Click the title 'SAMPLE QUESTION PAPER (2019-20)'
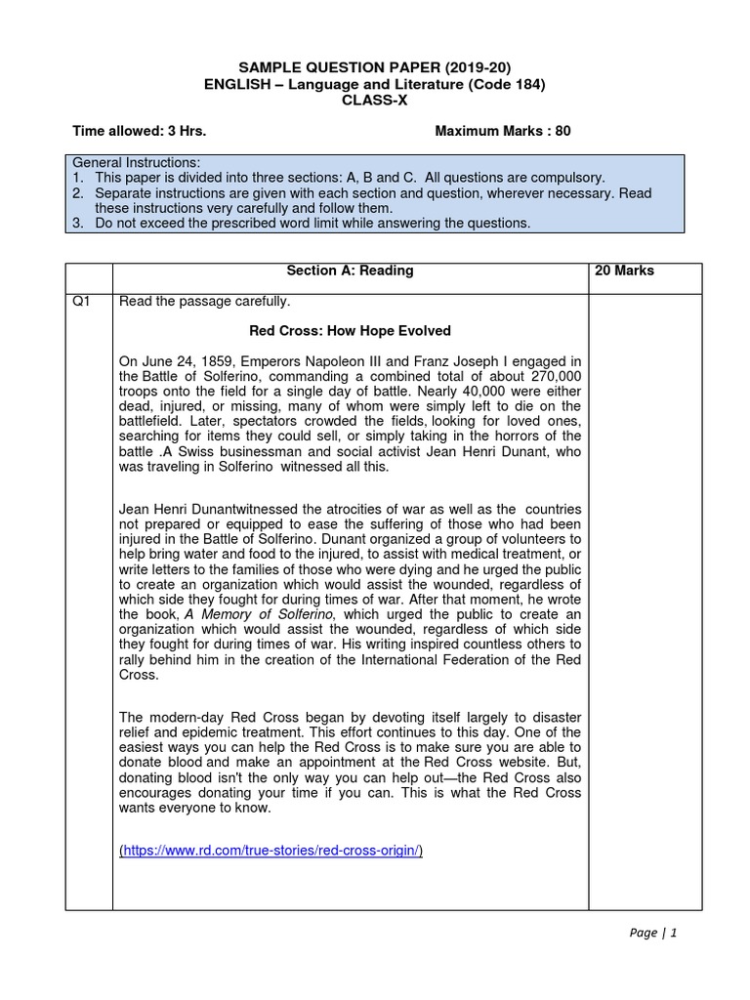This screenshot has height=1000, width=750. (374, 67)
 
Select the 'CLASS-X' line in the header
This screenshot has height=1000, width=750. (374, 101)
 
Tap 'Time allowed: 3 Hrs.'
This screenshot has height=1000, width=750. (140, 131)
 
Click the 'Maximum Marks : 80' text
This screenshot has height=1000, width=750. (503, 131)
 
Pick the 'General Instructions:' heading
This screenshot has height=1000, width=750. (136, 162)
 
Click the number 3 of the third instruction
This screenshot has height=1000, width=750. (77, 224)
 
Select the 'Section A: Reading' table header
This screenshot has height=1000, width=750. (350, 271)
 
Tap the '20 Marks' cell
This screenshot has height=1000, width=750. (624, 271)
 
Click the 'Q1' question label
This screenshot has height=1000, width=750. (82, 302)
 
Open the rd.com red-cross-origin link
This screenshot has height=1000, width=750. (271, 851)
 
